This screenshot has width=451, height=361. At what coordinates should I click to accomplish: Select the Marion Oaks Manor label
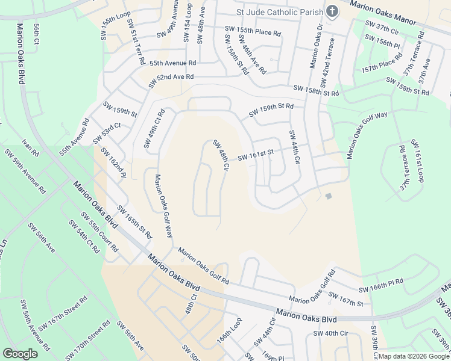[x=384, y=13]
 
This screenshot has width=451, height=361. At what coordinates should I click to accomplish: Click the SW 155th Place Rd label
[x=253, y=29]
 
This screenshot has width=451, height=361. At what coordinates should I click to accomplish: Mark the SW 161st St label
[x=256, y=156]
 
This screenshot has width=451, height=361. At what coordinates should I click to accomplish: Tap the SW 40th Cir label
[x=330, y=333]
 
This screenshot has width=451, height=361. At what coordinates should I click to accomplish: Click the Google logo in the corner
[x=20, y=353]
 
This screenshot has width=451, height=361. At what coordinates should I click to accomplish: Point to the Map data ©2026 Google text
[x=414, y=356]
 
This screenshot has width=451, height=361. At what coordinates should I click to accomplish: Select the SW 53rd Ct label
[x=107, y=134]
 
